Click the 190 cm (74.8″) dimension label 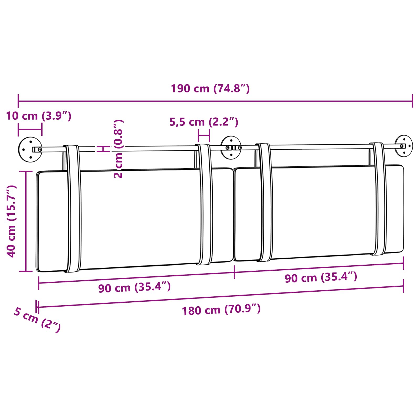coord(210,89)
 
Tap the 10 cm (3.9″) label coord(39,116)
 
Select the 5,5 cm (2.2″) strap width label coord(204,122)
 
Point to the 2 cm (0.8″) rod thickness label coord(118,149)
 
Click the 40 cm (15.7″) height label coord(12,221)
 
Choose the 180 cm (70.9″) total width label coord(221,310)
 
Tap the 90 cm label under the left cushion coord(134,287)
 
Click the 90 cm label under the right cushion coord(321,277)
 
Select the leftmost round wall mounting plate coord(30,149)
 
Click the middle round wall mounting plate coord(231,148)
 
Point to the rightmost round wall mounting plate coord(404,146)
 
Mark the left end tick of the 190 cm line coord(18,101)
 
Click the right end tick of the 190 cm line coord(412,101)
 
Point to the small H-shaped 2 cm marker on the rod coord(103,149)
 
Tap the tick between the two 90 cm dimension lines coord(234,272)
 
